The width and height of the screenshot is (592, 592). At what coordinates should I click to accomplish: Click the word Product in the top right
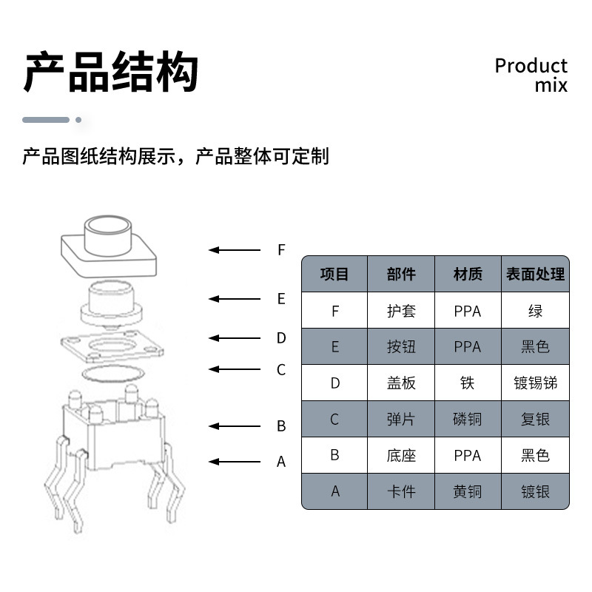531,66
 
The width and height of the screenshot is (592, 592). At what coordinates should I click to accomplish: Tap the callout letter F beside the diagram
281,250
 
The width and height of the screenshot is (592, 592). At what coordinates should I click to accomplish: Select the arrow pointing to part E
235,299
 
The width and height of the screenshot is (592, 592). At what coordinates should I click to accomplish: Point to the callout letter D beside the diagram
281,338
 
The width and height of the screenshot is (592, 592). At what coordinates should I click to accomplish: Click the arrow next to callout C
235,369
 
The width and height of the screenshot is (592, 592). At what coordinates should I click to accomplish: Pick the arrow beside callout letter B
235,426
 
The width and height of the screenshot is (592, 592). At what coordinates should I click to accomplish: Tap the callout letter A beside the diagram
281,462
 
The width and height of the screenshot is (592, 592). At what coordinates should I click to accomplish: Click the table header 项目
334,275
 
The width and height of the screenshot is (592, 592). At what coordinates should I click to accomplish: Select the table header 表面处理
535,275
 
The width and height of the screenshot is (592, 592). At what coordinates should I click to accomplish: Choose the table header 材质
468,275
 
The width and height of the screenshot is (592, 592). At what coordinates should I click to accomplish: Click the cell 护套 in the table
401,311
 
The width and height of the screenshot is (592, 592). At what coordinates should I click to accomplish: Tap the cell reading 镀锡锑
535,383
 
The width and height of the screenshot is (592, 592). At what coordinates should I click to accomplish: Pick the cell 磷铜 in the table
468,420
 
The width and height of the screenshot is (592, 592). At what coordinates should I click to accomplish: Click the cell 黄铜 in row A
468,491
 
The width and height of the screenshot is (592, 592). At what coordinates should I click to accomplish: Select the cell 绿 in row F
535,311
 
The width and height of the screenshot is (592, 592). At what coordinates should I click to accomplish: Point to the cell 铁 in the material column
468,383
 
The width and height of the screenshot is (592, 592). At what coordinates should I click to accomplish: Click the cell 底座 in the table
401,455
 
